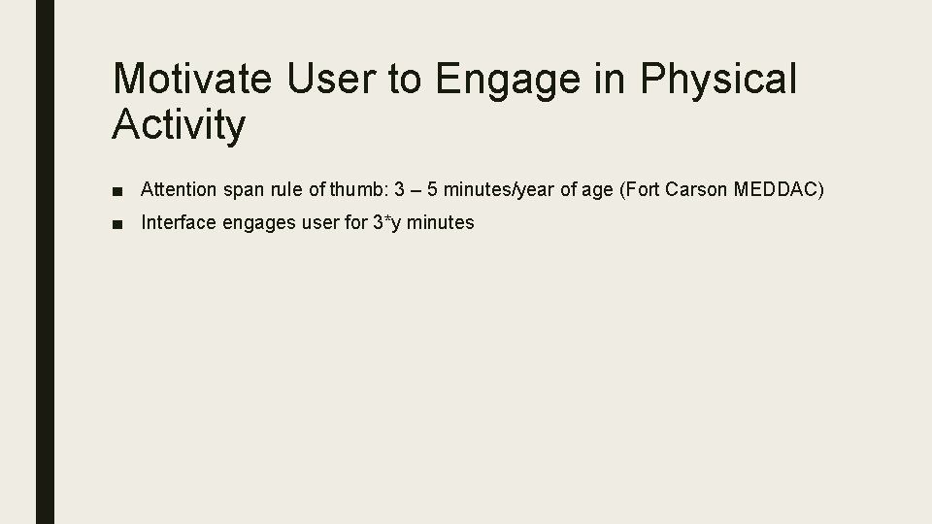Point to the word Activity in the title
180,125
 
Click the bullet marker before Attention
116,188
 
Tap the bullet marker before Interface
116,223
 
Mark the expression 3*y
385,222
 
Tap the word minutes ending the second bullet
441,222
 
